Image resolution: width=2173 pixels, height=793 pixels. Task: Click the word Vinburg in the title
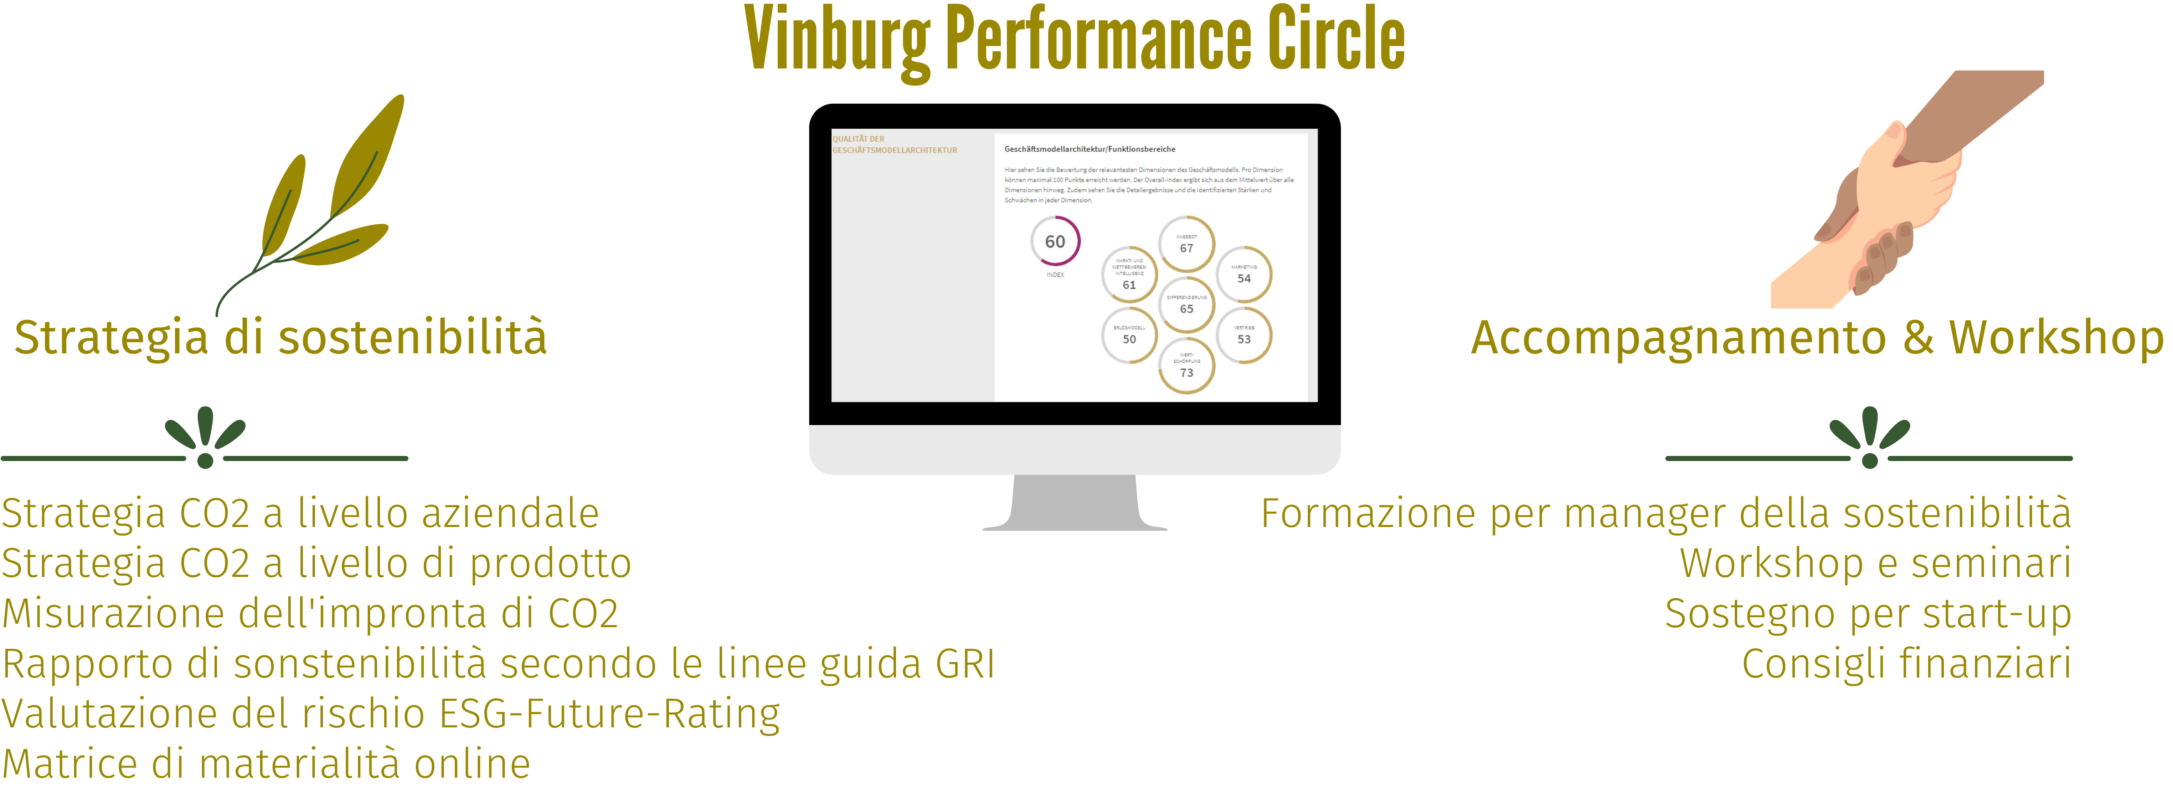837,41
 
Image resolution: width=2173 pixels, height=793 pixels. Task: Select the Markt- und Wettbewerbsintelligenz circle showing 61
1129,275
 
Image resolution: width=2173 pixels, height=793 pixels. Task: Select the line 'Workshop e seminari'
1874,563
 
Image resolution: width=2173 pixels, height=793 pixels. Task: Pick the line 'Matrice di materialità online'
266,764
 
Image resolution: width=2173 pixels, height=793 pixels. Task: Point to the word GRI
965,664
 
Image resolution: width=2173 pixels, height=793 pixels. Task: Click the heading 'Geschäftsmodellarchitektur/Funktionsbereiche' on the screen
1089,149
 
